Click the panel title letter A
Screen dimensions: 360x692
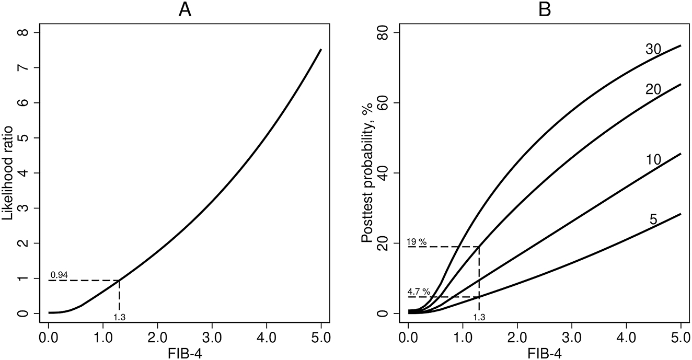click(x=185, y=10)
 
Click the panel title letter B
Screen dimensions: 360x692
click(x=545, y=10)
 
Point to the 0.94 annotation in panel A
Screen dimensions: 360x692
click(x=59, y=275)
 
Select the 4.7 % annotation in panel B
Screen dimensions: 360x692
click(x=419, y=292)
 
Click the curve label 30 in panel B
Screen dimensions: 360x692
click(x=653, y=49)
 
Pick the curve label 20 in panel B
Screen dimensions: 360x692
click(x=653, y=89)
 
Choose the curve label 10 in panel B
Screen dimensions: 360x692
click(x=653, y=159)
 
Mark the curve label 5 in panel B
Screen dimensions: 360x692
click(x=653, y=219)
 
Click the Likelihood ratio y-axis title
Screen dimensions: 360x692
click(x=11, y=173)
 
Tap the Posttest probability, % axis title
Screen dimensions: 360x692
click(x=370, y=173)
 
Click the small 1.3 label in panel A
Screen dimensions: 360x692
click(x=120, y=317)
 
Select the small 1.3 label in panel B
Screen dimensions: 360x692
click(x=479, y=317)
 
